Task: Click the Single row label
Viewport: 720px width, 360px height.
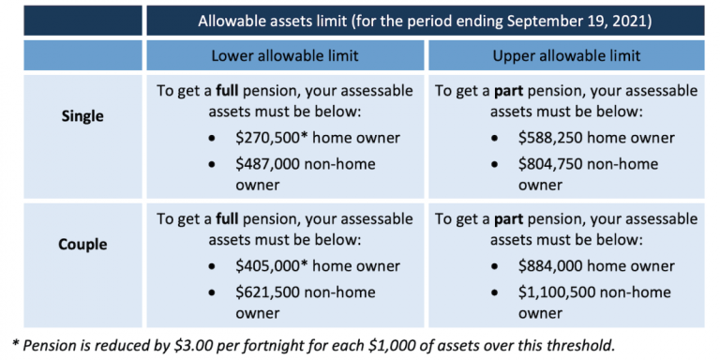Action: [83, 117]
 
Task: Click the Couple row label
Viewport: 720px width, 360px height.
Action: [83, 245]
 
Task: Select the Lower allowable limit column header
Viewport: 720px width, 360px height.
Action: [285, 54]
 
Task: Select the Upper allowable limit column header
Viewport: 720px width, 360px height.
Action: [566, 54]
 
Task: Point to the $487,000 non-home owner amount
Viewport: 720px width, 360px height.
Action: [269, 163]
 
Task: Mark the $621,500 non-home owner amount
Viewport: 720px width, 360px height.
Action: [269, 291]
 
